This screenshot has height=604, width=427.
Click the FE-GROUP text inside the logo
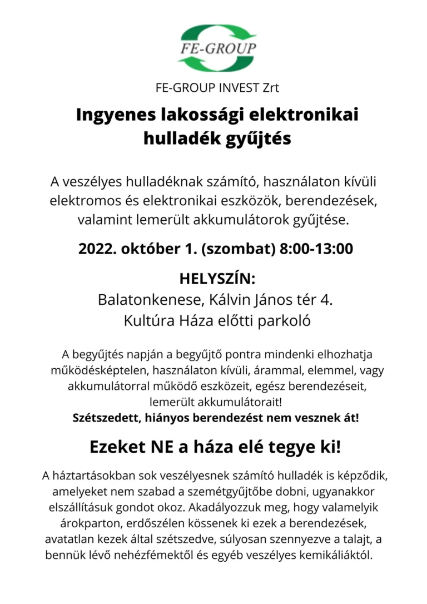[x=218, y=48]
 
